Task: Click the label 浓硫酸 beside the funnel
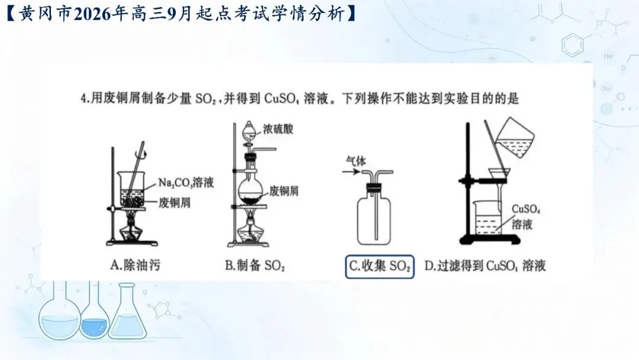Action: (x=278, y=129)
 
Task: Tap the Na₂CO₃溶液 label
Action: (x=186, y=182)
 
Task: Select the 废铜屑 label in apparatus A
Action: (x=175, y=202)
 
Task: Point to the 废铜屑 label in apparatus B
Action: (x=283, y=191)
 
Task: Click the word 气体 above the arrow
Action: (x=356, y=161)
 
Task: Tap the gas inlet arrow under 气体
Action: (x=351, y=172)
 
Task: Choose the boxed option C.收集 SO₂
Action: (x=380, y=266)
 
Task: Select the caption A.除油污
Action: (x=135, y=265)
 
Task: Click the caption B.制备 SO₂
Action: (x=254, y=266)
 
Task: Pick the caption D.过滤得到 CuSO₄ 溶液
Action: (x=485, y=266)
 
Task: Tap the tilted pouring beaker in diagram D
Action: (x=514, y=137)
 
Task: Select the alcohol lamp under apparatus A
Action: (x=131, y=229)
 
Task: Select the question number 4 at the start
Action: (x=83, y=99)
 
